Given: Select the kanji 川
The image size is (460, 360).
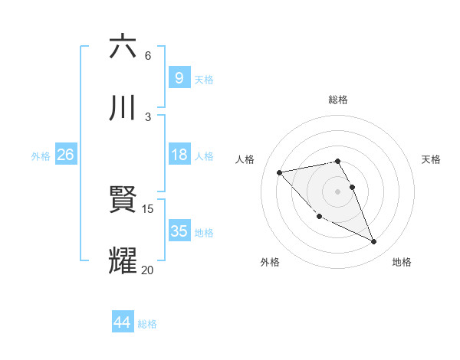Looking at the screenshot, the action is (123, 108).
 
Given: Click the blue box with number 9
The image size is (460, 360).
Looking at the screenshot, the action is (179, 77).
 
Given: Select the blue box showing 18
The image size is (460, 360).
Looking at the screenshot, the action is (179, 155).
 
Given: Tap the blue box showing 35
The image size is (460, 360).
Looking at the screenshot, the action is (179, 231).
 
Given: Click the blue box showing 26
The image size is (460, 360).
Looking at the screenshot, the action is (65, 155).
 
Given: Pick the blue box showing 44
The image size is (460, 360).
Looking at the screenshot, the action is (122, 322).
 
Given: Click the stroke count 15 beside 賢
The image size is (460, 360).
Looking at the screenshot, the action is (148, 208).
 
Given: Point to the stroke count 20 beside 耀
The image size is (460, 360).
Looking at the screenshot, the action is (147, 270).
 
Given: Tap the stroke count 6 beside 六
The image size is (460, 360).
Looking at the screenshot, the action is (147, 55).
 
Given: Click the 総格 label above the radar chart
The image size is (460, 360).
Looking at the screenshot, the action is (338, 100).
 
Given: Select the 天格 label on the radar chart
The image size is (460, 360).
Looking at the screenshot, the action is (431, 159).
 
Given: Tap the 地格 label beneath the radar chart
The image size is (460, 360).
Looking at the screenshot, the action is (402, 262).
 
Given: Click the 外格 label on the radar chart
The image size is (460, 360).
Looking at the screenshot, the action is (270, 262).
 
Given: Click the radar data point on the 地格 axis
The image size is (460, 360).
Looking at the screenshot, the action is (374, 242).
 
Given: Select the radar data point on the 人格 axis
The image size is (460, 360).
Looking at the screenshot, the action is (280, 172).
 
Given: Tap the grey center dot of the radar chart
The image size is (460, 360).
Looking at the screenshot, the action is (338, 191).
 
